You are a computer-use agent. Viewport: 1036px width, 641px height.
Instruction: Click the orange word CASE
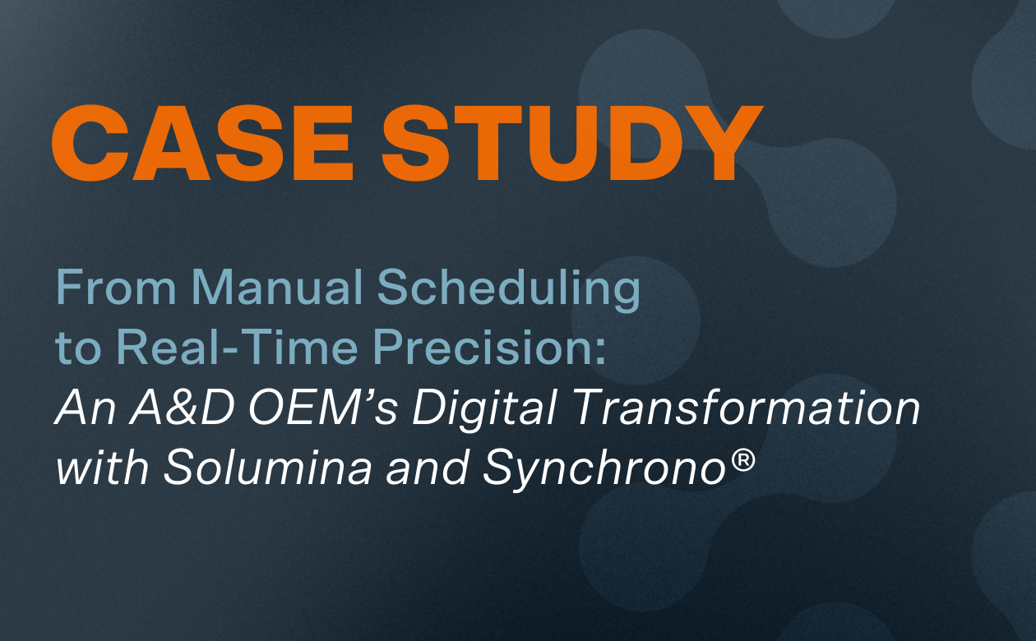point(202,143)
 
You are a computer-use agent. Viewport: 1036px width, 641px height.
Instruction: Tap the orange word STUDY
point(572,143)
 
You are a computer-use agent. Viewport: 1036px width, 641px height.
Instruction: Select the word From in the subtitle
point(116,287)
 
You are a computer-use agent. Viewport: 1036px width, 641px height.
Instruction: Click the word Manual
point(277,287)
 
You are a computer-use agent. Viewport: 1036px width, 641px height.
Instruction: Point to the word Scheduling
point(509,288)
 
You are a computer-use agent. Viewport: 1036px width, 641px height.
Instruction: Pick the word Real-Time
point(238,347)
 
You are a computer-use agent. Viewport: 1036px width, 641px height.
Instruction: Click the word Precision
point(483,347)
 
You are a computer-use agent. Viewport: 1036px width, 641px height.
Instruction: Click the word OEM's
point(323,407)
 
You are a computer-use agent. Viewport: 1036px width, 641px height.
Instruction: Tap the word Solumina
point(268,467)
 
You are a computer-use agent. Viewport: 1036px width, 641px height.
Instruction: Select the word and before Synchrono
point(428,467)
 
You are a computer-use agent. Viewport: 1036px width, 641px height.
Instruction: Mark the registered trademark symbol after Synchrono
point(742,460)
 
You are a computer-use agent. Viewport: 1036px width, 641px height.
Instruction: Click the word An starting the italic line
point(86,407)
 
